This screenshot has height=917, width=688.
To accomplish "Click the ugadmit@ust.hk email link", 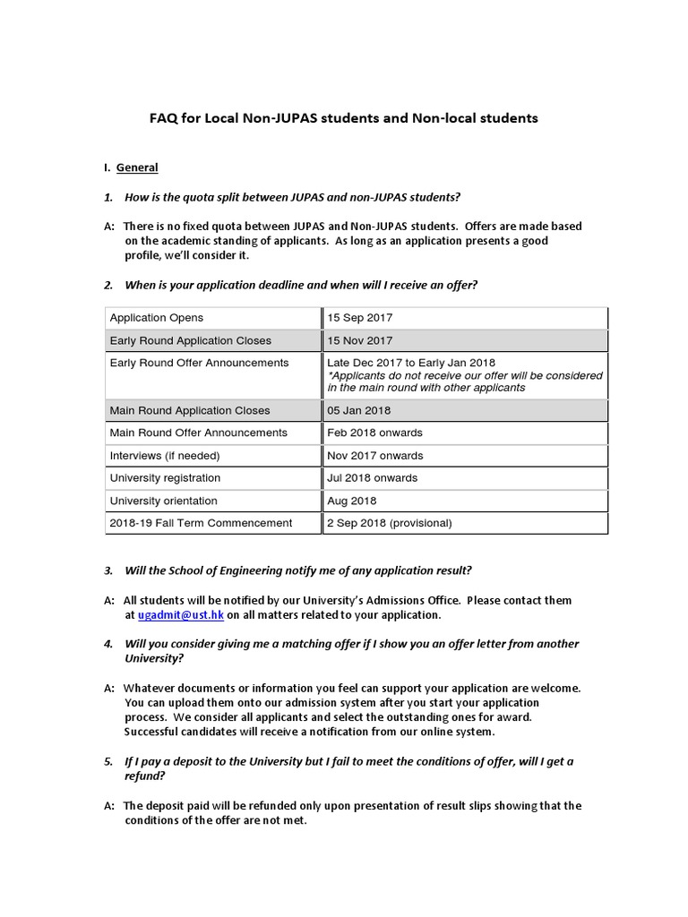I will pyautogui.click(x=181, y=615).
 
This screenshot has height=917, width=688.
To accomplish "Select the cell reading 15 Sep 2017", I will pyautogui.click(x=359, y=318).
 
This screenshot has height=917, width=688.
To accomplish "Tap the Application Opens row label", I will pyautogui.click(x=156, y=318).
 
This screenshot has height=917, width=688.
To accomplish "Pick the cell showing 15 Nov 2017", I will pyautogui.click(x=359, y=341).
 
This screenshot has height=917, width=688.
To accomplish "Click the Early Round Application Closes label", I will pyautogui.click(x=190, y=341).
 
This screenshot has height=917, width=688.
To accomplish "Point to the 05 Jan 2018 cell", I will pyautogui.click(x=359, y=411).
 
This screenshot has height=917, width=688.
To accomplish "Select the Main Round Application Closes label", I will pyautogui.click(x=189, y=411).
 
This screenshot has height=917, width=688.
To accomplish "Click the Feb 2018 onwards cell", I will pyautogui.click(x=374, y=433).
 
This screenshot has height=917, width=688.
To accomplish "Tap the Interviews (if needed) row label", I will pyautogui.click(x=164, y=456).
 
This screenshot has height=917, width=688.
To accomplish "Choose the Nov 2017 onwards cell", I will pyautogui.click(x=375, y=456).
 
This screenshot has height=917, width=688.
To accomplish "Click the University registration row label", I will pyautogui.click(x=165, y=478).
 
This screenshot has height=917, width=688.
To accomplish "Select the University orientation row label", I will pyautogui.click(x=163, y=501).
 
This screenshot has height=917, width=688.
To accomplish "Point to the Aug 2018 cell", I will pyautogui.click(x=352, y=501).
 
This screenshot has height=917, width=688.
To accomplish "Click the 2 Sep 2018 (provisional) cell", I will pyautogui.click(x=390, y=523).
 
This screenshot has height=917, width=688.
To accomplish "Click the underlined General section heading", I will pyautogui.click(x=137, y=167).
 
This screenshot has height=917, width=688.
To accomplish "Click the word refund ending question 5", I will pyautogui.click(x=143, y=776).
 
